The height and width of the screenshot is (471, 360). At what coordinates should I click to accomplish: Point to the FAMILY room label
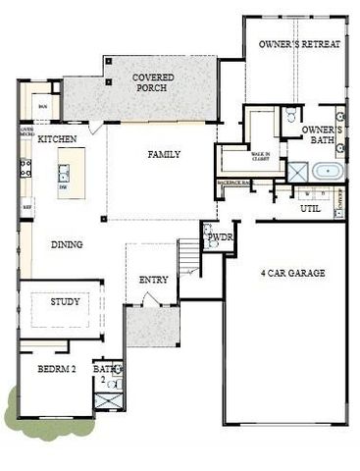point(164,155)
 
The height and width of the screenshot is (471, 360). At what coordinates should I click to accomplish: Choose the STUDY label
point(65,302)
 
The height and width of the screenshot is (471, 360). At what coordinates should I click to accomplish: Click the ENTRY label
point(153,281)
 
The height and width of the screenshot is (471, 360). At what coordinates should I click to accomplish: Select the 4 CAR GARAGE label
point(292,273)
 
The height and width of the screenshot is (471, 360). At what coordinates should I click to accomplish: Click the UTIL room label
point(310,209)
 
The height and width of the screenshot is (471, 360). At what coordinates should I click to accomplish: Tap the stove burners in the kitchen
point(26,168)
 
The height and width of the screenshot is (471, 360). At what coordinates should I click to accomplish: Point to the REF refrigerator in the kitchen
point(27,207)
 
